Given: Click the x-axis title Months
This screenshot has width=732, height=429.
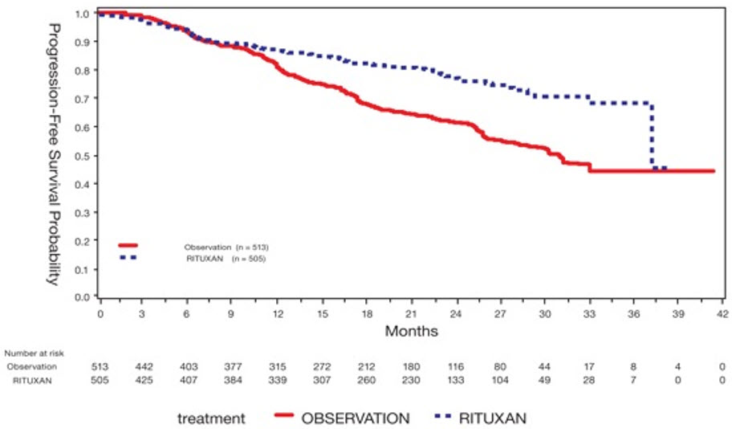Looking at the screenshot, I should click(x=411, y=330).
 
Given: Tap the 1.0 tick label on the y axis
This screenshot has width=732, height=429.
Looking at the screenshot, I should click(x=81, y=14).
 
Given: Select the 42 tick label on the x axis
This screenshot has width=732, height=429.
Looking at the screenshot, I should click(x=722, y=313).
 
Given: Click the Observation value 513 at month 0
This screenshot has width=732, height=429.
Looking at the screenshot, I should click(x=100, y=366).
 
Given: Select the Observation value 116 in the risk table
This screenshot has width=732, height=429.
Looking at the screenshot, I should click(x=455, y=366).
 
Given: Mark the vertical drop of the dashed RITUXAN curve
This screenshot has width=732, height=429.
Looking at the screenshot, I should click(x=651, y=137).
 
